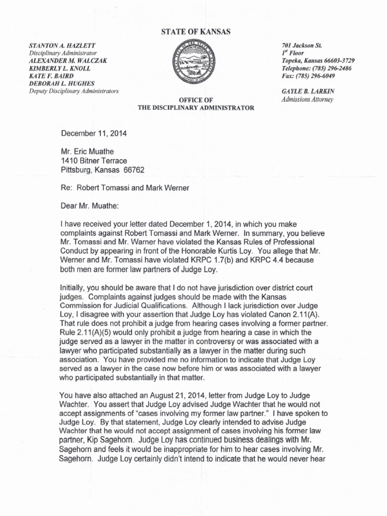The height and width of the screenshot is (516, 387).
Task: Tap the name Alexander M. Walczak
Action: pyautogui.click(x=68, y=60)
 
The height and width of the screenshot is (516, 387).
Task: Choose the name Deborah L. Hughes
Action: pyautogui.click(x=63, y=83)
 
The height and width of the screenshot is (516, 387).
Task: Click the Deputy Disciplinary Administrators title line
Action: pyautogui.click(x=74, y=91)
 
